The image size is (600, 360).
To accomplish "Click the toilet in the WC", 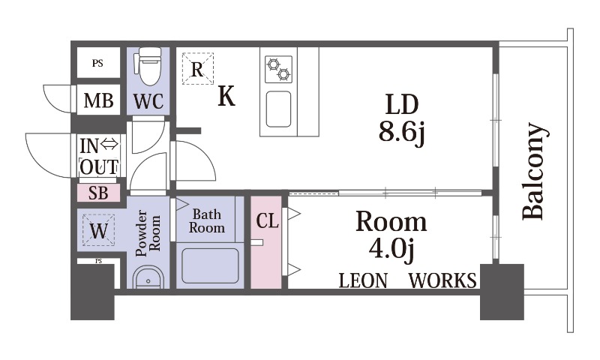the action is (x=148, y=66).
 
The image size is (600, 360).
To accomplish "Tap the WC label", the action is (x=148, y=101).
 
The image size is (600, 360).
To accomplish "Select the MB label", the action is (x=98, y=101).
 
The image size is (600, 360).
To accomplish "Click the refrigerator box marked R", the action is (x=197, y=68).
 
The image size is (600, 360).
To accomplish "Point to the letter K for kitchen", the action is (x=226, y=96).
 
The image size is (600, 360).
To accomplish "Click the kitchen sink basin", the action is (x=278, y=109).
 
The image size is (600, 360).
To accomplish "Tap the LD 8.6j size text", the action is (x=402, y=118).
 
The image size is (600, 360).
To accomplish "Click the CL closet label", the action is (x=267, y=220).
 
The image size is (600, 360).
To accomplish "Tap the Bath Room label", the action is (x=207, y=221).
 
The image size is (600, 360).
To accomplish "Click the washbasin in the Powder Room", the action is (x=148, y=278).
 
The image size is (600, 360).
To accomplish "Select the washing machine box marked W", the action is (x=98, y=230).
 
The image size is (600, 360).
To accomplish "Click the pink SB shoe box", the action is (x=99, y=193).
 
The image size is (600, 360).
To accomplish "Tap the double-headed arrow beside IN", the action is (x=109, y=145).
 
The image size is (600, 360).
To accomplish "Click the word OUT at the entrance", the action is (x=99, y=167).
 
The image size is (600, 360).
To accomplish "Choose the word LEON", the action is (x=363, y=281).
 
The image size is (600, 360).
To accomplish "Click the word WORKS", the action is (x=442, y=280).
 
